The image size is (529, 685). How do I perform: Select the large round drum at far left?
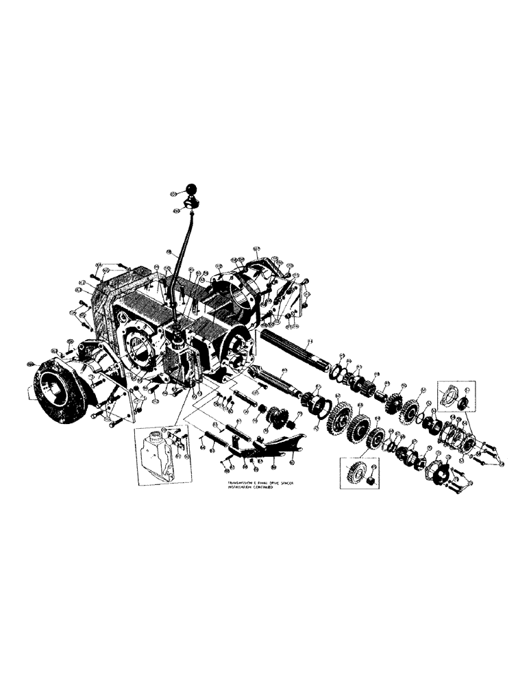click(x=54, y=390)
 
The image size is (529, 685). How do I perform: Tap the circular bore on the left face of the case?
click(x=140, y=350)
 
